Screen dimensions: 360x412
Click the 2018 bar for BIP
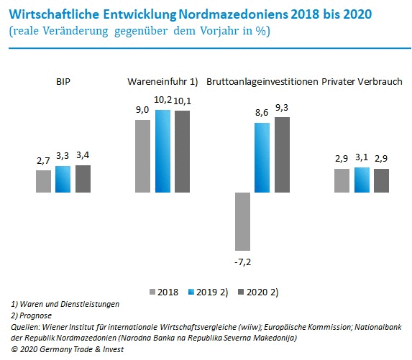click(43, 181)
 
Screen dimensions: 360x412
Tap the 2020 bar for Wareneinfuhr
click(183, 151)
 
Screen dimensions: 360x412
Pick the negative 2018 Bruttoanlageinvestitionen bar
click(242, 221)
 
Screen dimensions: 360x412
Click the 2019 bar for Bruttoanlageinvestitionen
click(262, 157)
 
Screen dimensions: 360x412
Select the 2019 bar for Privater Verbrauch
click(361, 180)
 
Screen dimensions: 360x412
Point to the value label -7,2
click(242, 262)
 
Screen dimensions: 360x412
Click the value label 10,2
click(162, 101)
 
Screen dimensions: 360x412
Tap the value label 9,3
click(282, 107)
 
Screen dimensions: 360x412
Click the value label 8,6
click(262, 114)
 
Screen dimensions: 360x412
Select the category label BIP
click(63, 81)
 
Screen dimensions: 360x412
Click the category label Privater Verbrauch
click(362, 81)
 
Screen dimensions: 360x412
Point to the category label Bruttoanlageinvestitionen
click(262, 81)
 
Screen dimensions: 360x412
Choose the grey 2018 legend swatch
click(152, 292)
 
